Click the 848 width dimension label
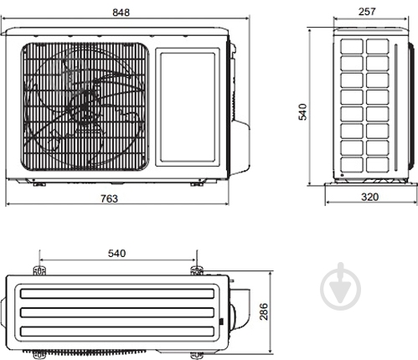[121, 13]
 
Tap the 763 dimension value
[109, 198]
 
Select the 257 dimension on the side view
[367, 12]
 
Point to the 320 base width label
[370, 197]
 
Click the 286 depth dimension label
[264, 311]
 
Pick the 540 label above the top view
[116, 253]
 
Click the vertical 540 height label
[302, 111]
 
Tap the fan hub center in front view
[85, 100]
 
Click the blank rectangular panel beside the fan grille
[188, 107]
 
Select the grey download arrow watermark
[341, 286]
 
